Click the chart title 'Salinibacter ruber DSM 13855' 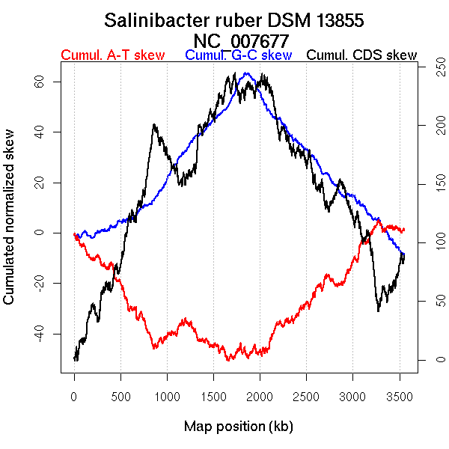tap(234, 20)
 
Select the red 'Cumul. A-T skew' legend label tap(112, 55)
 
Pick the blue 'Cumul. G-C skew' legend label tap(238, 55)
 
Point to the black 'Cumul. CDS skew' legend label tap(362, 55)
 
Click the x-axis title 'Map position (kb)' tap(238, 427)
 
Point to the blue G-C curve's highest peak tap(246, 73)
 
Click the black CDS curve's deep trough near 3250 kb tap(379, 309)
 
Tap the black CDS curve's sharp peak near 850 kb tap(154, 125)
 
